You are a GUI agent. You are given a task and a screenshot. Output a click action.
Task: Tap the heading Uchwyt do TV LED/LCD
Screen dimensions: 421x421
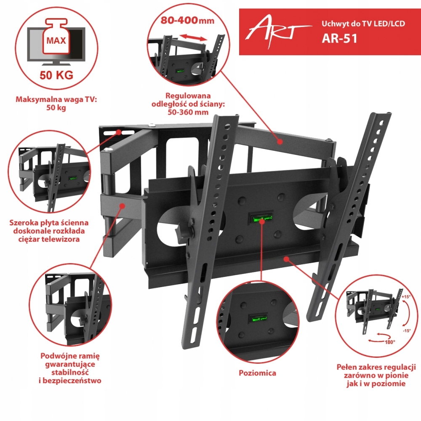362,24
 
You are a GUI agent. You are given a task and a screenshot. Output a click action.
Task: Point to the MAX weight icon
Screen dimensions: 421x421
56,40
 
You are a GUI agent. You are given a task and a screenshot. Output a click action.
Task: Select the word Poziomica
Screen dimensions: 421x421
258,373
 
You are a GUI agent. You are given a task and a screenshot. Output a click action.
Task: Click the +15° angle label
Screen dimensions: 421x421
405,297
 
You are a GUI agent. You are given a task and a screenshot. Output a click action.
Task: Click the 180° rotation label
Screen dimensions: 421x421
389,342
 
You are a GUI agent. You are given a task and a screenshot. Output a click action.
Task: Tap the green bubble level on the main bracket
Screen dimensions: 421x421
261,219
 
